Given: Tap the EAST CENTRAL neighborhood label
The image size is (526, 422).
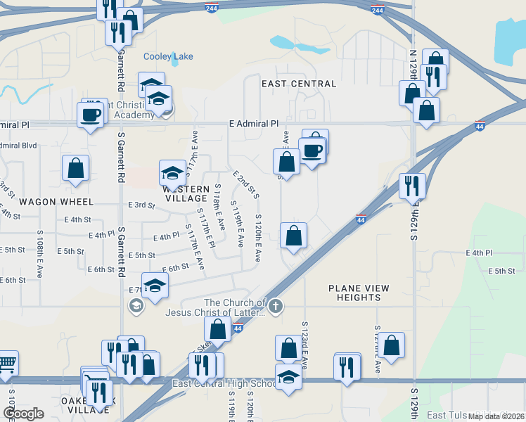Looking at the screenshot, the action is tap(299, 84).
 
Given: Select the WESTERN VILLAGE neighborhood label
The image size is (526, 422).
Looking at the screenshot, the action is tap(186, 193).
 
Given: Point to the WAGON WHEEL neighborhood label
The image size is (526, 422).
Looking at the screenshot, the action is tap(47, 201).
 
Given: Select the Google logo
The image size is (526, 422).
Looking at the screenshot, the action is tap(23, 414).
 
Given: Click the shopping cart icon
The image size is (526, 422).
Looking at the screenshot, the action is tap(6, 362).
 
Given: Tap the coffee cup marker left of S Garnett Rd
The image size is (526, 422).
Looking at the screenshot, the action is tap(91, 114).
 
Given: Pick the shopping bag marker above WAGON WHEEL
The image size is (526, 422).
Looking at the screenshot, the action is tap(75, 169).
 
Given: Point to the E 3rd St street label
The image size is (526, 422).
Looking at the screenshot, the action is tap(141, 205).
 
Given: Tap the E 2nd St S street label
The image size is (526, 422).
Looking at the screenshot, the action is tap(246, 184).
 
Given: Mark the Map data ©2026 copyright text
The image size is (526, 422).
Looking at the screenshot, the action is tap(496, 416).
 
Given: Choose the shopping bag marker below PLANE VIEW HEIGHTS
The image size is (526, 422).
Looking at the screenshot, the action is tap(393, 345).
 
